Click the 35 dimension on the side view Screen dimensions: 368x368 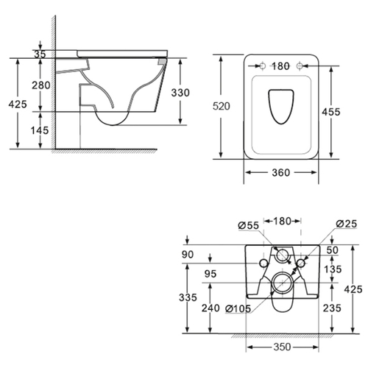tap(40, 54)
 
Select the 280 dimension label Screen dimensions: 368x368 tap(41, 85)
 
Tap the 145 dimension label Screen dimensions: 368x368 tap(40, 130)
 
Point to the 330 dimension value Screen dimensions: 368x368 tap(180, 93)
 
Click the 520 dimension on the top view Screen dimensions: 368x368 tap(222, 106)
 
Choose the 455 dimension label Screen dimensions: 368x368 tap(331, 112)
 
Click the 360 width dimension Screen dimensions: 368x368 tap(281, 173)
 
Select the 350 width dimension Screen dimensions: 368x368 tap(282, 347)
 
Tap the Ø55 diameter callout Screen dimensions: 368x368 tap(249, 225)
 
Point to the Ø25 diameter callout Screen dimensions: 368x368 tap(347, 224)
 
